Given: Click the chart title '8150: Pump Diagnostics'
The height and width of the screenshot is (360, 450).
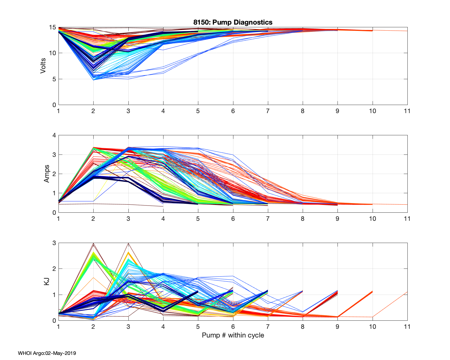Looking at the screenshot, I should click(233, 22).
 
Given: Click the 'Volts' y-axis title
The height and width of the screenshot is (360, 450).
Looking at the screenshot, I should click(43, 66).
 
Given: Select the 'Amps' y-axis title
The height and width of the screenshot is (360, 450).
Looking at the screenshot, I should click(46, 174).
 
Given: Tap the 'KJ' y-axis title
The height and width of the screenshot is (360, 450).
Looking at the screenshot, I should click(46, 281).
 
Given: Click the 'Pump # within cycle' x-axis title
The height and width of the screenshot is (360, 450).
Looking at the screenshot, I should click(233, 335).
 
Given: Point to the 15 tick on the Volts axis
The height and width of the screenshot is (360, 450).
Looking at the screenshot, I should click(52, 28).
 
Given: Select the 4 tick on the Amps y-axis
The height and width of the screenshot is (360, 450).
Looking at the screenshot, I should click(54, 135).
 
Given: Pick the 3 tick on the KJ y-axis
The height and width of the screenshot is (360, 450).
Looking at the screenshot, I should click(54, 243).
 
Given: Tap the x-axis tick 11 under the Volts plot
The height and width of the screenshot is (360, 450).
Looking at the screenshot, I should click(407, 111).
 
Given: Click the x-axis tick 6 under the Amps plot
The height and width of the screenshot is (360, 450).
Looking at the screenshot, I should click(233, 219).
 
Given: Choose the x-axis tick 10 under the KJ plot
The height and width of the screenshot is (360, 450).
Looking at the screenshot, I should click(372, 326).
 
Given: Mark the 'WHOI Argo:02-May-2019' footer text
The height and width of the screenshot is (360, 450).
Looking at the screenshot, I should click(47, 353).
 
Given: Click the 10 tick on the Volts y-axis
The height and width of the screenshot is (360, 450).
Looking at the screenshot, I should click(52, 53).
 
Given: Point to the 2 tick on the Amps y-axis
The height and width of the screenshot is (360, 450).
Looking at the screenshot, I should click(54, 174).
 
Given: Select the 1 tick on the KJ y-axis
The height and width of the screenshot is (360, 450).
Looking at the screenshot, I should click(54, 295).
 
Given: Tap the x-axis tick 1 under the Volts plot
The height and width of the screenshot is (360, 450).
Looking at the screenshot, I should click(58, 111).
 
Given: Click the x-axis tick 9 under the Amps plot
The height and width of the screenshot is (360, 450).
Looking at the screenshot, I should click(337, 219).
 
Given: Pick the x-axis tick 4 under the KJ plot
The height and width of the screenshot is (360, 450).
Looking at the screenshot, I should click(163, 326).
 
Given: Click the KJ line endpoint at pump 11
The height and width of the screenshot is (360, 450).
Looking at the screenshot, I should click(407, 292).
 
